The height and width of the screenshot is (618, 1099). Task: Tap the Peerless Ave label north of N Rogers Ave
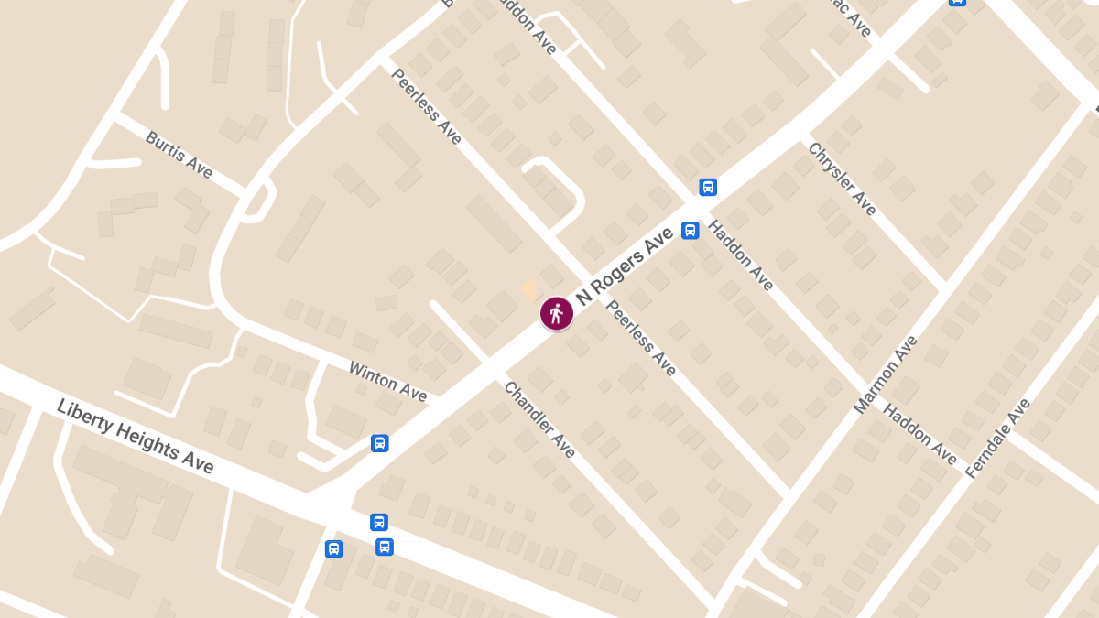[426, 106]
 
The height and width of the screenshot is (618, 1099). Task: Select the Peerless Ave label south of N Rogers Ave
[641, 338]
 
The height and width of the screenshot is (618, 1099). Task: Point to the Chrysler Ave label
[842, 178]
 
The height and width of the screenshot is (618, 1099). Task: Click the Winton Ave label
[387, 380]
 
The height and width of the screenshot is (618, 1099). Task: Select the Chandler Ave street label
[539, 419]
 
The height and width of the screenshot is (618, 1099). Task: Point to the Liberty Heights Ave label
[135, 436]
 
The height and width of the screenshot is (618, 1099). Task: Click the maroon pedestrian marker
[556, 314]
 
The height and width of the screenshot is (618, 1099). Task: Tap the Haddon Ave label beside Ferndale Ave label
[919, 433]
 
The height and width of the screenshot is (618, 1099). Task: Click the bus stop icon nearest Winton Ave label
[380, 443]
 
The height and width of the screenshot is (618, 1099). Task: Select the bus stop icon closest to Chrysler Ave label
[707, 187]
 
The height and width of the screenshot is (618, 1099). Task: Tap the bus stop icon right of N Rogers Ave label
[691, 230]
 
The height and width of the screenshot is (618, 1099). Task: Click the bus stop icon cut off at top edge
[957, 3]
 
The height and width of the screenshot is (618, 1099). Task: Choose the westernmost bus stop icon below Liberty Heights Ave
[333, 548]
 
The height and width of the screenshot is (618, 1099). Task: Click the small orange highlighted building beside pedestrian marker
[529, 290]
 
